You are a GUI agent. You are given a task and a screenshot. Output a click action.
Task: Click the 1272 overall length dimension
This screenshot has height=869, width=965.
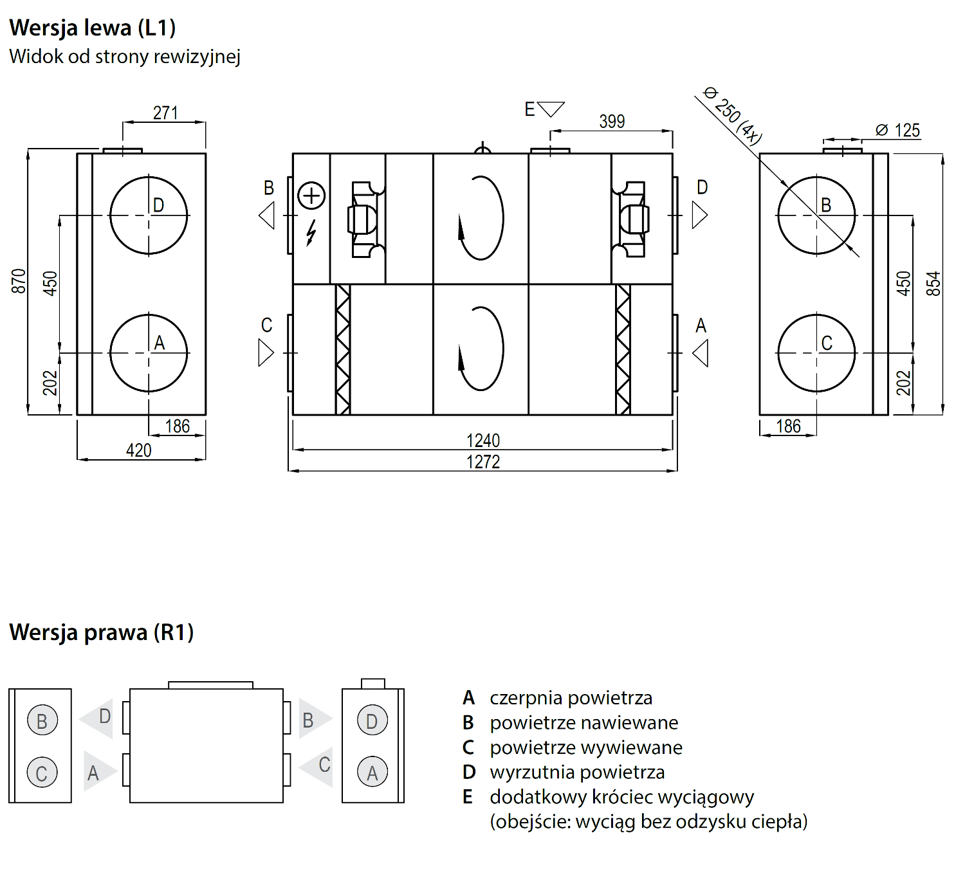click(483, 462)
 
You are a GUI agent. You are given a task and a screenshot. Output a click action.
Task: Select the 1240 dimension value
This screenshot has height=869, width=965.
click(483, 440)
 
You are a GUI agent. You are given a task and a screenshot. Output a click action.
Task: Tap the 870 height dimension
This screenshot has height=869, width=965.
click(18, 281)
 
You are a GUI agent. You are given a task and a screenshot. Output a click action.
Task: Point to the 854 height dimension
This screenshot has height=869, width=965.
click(933, 284)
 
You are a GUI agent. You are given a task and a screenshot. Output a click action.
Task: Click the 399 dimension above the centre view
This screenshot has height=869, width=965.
click(612, 122)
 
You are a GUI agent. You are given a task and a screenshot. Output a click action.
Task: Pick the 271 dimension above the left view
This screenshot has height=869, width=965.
click(165, 113)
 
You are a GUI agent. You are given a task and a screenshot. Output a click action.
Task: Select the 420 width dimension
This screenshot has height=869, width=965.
click(138, 450)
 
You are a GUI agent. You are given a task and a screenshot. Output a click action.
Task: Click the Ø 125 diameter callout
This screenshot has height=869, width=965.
click(897, 130)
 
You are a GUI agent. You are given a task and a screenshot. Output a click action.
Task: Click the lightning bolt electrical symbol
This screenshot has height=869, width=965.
click(311, 233)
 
